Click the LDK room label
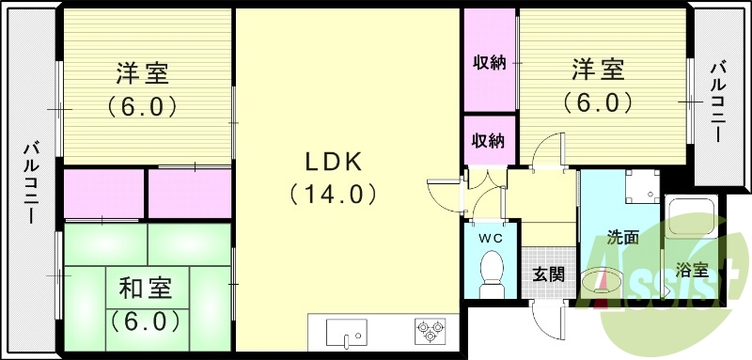click(332, 161)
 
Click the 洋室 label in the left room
click(144, 71)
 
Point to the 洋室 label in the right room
click(598, 68)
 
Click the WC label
click(491, 238)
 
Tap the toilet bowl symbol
click(490, 274)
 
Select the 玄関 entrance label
click(547, 275)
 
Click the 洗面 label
click(622, 238)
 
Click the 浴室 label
click(693, 271)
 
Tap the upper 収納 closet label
click(489, 63)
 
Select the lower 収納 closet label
click(489, 141)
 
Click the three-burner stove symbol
click(431, 331)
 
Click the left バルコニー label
click(31, 181)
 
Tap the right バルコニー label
click(717, 99)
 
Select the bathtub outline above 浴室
click(691, 221)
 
